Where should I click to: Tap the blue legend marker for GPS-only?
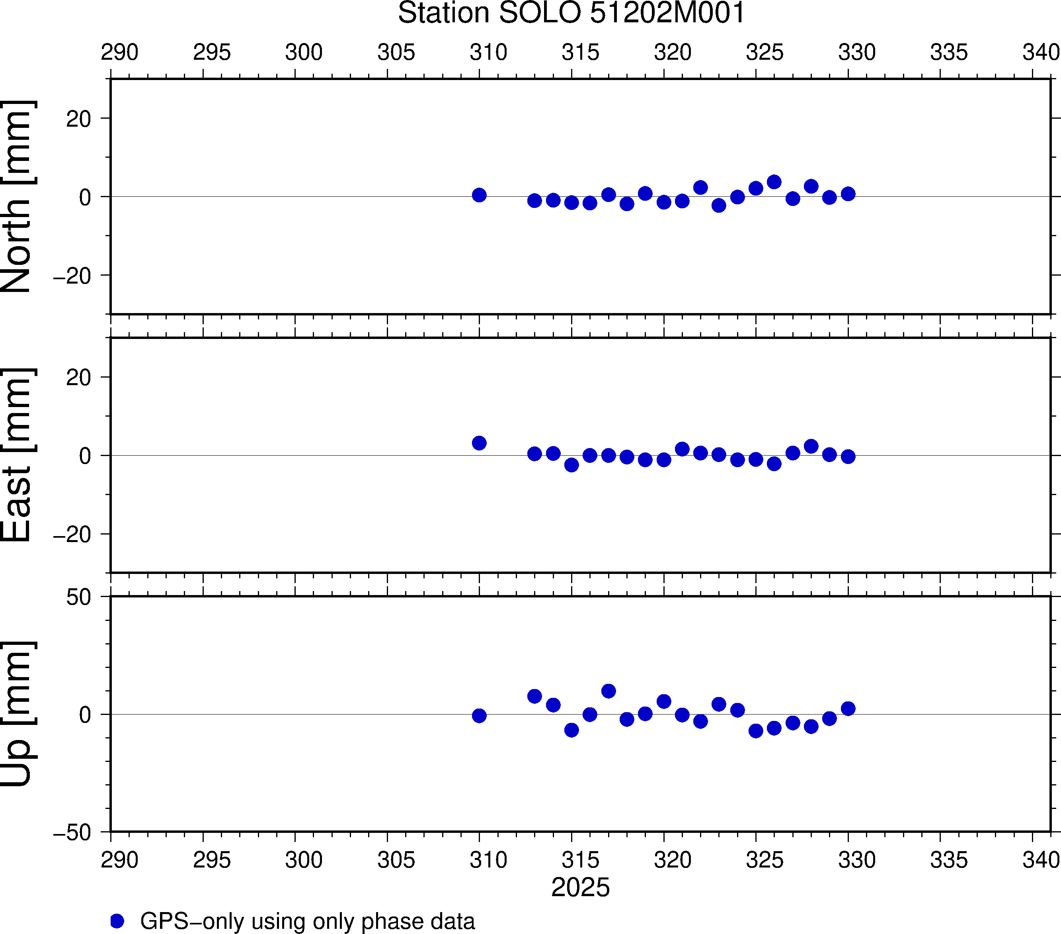pos(117,921)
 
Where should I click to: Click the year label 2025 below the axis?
pos(580,887)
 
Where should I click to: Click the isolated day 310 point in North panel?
pos(479,195)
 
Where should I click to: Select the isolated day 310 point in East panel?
pos(479,443)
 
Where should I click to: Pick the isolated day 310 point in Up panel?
pos(479,716)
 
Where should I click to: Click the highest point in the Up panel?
pos(609,691)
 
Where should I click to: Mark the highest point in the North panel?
pos(774,182)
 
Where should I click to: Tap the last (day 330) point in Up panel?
pos(848,709)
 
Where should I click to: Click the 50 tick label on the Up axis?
pos(78,597)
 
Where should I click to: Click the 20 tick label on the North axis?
pos(78,119)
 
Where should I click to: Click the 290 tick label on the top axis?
pos(119,53)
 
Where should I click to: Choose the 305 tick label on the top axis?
pos(396,53)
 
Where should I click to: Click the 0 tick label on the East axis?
pos(85,456)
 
